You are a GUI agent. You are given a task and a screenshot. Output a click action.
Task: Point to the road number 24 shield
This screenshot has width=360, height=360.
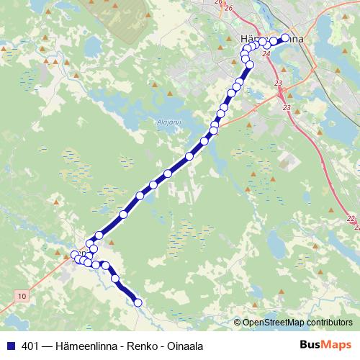click(x=267, y=53)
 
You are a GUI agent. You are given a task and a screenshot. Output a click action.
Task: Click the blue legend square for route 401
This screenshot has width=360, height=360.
click(x=10, y=344)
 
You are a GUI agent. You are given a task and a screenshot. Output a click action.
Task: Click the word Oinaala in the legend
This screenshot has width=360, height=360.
click(x=181, y=344)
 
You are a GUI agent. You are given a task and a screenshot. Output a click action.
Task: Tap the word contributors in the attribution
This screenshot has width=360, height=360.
click(x=330, y=323)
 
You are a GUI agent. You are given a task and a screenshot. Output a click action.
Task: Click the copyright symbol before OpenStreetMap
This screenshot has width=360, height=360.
click(x=238, y=323)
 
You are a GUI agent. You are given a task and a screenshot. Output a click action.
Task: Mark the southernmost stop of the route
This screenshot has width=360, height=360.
click(x=138, y=303)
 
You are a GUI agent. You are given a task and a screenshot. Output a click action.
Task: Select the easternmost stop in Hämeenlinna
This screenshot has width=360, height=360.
click(x=285, y=37)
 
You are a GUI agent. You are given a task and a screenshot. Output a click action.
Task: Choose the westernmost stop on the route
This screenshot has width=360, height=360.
click(x=74, y=254)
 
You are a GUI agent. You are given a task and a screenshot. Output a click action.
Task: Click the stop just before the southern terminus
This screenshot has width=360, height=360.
click(x=114, y=279)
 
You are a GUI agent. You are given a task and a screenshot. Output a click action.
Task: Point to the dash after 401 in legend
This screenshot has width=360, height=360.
click(x=48, y=344)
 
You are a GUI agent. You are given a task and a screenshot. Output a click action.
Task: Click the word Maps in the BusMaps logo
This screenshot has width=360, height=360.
click(x=336, y=344)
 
